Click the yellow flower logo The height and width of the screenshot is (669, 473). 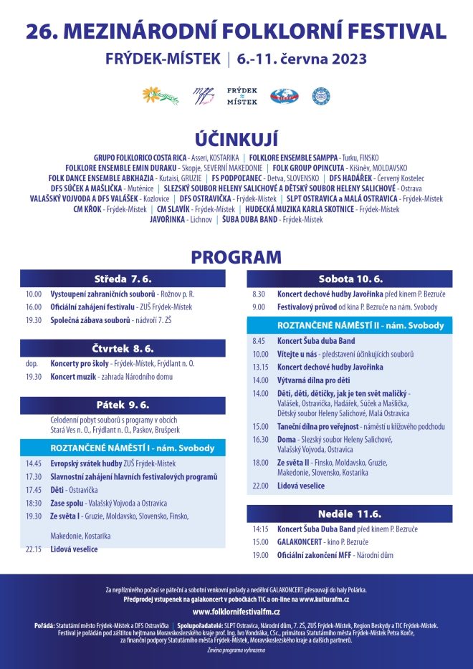click(160, 95)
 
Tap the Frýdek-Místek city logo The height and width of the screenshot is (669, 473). click(242, 96)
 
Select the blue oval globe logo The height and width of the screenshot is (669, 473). click(284, 96)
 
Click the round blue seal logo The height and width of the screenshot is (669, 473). click(321, 96)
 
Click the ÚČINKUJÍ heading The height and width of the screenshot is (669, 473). click(236, 139)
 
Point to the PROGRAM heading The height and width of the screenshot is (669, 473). click(236, 257)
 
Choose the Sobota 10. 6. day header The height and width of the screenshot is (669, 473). click(350, 279)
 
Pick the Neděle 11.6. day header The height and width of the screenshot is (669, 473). click(350, 514)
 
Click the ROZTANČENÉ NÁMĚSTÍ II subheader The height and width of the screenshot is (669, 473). click(350, 325)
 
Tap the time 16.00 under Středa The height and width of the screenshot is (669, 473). click(33, 307)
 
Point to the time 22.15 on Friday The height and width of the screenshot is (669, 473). click(33, 549)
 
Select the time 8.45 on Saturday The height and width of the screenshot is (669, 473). click(259, 341)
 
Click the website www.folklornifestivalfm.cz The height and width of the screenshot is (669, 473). click(236, 612)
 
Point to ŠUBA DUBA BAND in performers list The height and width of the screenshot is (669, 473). click(250, 219)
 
